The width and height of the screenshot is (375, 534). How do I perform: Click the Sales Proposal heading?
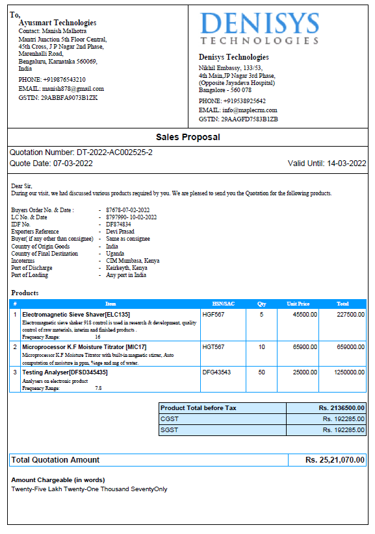(188, 137)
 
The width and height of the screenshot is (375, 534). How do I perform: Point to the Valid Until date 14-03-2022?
(346, 164)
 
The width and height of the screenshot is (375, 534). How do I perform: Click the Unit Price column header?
(298, 304)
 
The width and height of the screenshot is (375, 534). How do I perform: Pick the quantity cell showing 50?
(261, 372)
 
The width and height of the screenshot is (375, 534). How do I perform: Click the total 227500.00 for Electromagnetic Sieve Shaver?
(350, 314)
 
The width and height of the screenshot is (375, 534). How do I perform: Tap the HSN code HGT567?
(214, 347)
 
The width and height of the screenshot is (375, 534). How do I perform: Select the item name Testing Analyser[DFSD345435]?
(65, 372)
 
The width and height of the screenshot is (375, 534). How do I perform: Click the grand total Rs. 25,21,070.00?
(335, 460)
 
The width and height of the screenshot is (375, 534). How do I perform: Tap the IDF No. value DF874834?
(118, 225)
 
